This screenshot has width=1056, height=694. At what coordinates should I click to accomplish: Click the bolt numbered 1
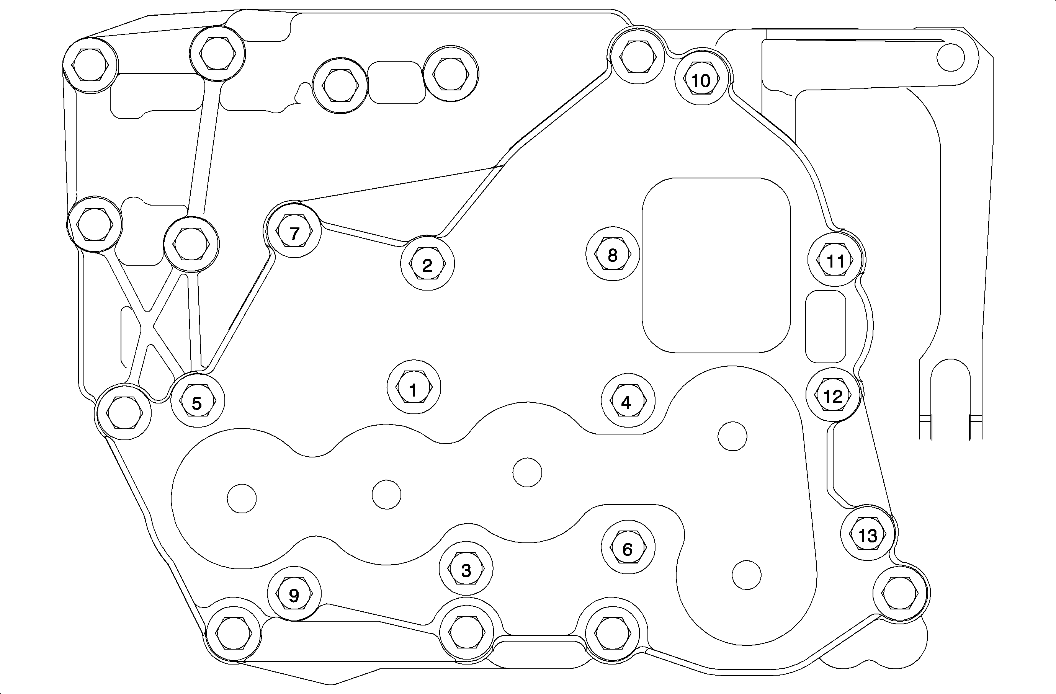[414, 387]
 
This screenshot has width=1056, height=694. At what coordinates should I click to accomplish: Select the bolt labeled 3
[466, 569]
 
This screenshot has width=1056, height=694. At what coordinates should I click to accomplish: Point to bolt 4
[628, 401]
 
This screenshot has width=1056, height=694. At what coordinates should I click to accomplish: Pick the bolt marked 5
[198, 401]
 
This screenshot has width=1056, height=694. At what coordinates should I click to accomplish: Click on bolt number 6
[628, 548]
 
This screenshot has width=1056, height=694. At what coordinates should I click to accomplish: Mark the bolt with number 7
[294, 232]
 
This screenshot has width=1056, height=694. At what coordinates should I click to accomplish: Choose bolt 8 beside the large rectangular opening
[613, 255]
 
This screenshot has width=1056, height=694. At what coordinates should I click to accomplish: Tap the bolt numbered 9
[294, 594]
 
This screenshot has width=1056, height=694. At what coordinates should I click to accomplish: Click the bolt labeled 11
[836, 260]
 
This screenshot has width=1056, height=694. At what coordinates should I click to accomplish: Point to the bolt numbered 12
[833, 395]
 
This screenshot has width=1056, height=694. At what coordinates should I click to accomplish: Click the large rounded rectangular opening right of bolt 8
[716, 265]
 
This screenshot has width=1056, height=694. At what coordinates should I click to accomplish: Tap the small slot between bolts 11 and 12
[825, 327]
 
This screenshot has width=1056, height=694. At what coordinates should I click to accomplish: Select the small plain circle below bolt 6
[747, 575]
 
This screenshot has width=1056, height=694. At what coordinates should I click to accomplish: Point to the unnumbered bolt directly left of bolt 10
[638, 57]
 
